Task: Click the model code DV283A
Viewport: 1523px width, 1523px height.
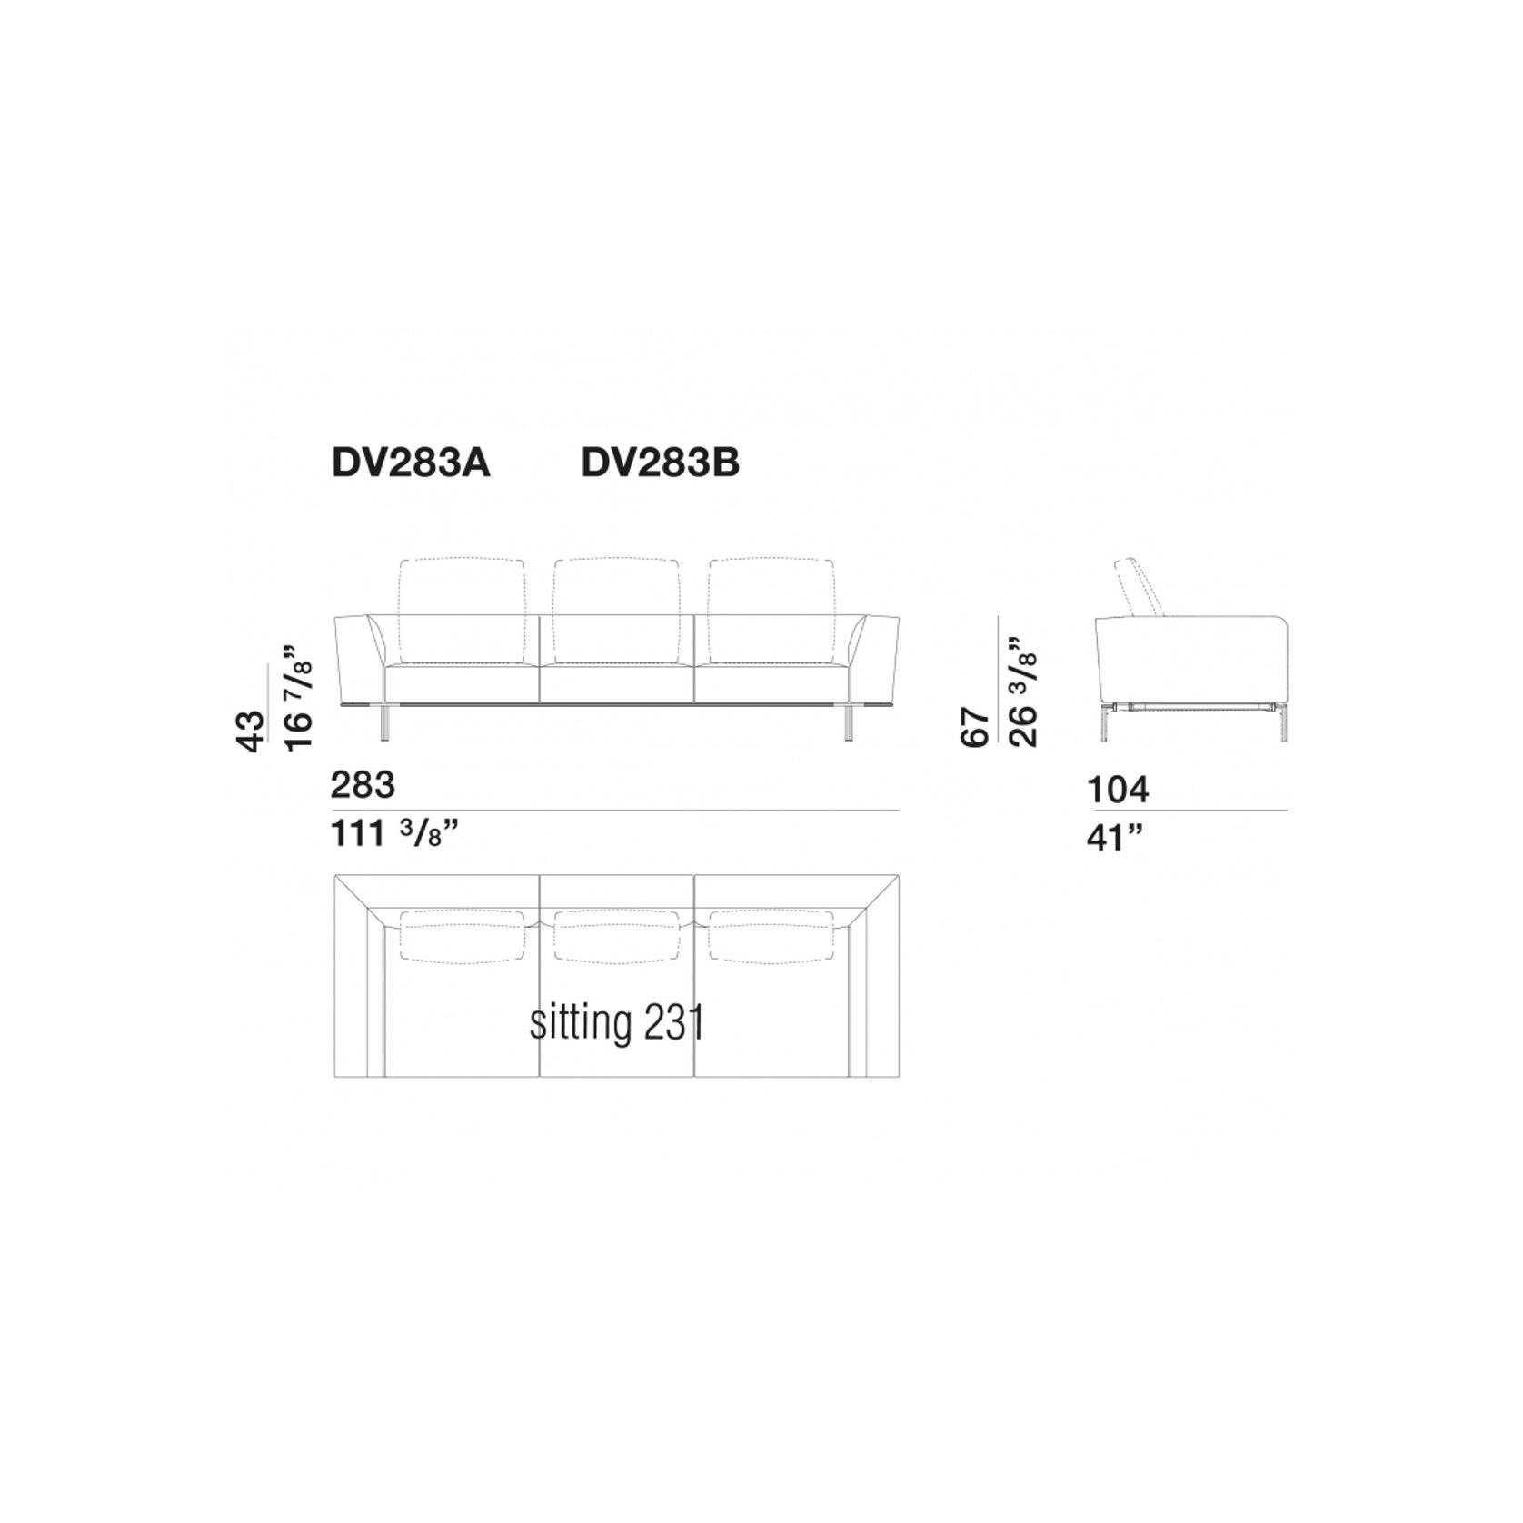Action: click(x=411, y=463)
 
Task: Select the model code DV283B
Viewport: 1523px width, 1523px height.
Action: click(x=661, y=463)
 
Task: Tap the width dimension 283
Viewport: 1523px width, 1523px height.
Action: click(x=363, y=784)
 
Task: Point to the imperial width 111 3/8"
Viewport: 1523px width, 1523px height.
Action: click(x=393, y=832)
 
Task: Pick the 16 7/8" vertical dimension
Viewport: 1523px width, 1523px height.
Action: click(x=299, y=697)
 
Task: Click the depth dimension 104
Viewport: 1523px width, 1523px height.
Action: click(x=1119, y=790)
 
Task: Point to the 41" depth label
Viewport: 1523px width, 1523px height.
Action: click(x=1114, y=838)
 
